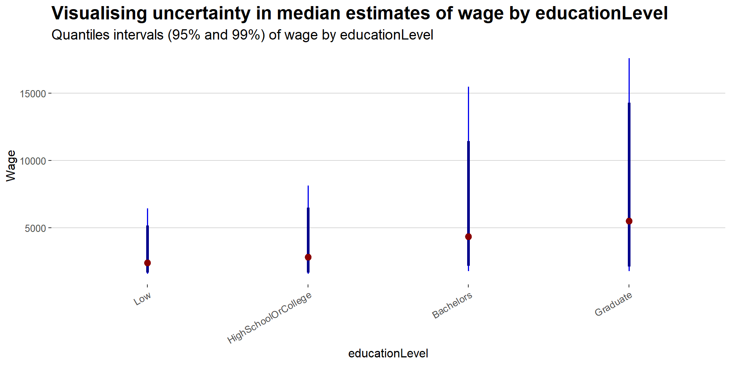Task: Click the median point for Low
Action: (147, 263)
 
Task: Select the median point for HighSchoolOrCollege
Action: (308, 257)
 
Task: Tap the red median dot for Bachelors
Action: (468, 236)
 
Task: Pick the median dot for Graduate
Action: (629, 221)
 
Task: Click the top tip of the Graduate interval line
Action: (629, 59)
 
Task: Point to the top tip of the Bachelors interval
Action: (468, 87)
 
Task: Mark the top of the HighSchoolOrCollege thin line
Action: (308, 186)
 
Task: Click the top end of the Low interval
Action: (147, 209)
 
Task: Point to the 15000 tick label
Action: (33, 94)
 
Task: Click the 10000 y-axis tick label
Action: (33, 161)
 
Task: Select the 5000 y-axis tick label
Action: (35, 228)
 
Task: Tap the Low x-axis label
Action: (142, 299)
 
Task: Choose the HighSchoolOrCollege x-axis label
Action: (270, 317)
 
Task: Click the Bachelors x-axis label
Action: (452, 305)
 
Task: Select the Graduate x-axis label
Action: (613, 304)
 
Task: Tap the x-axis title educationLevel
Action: (388, 353)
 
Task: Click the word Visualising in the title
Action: (99, 14)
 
